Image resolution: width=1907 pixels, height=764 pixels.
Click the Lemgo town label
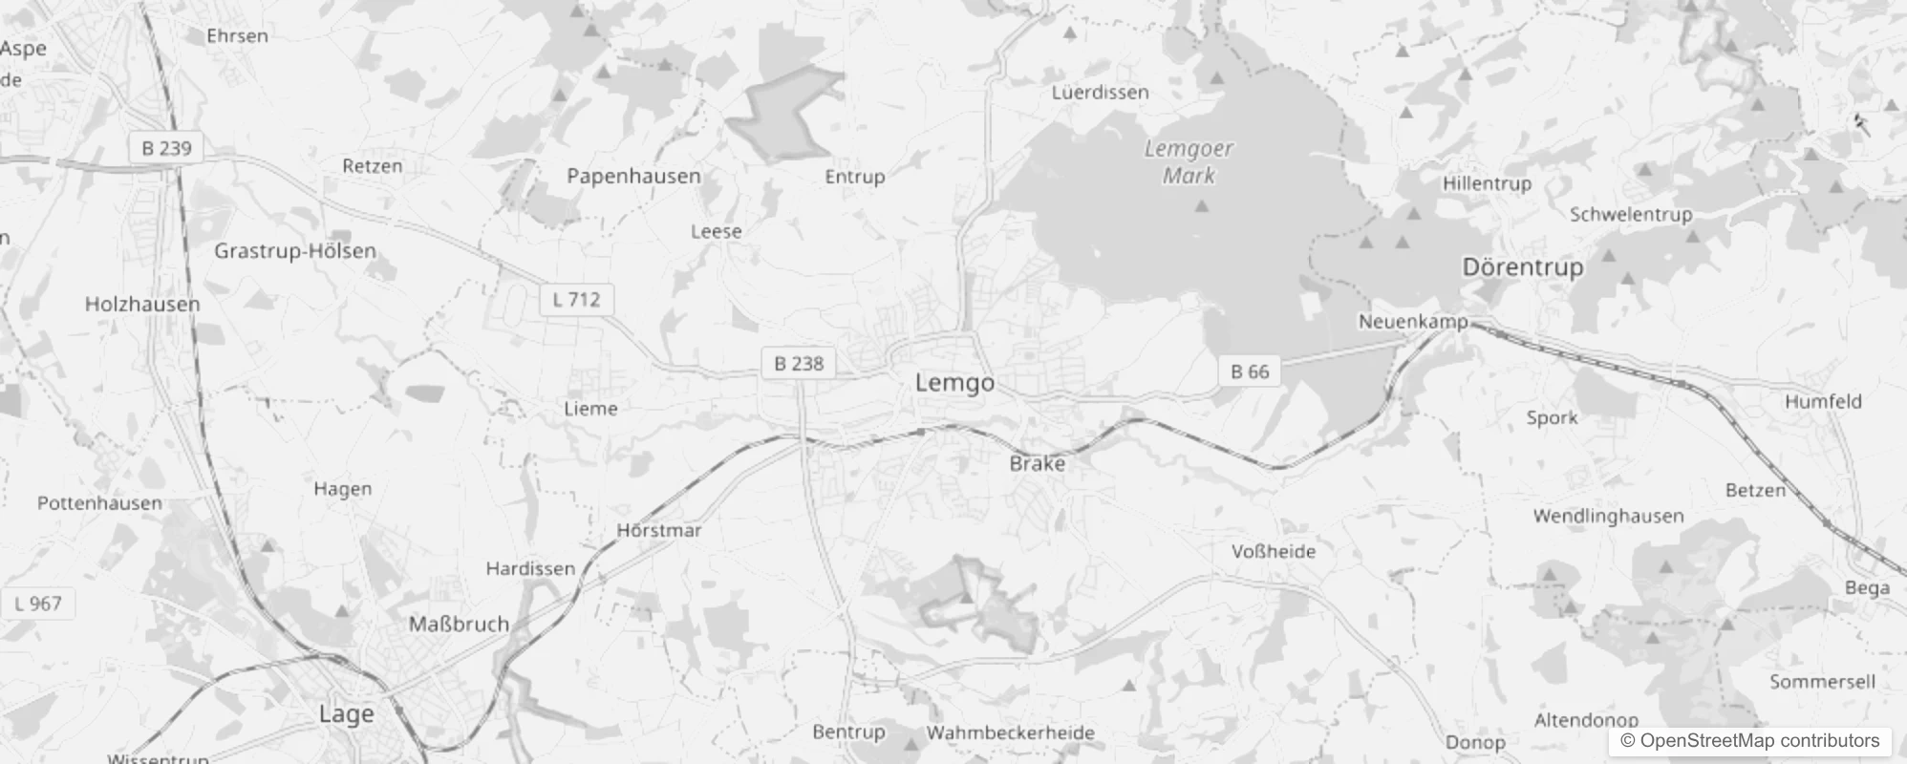point(954,383)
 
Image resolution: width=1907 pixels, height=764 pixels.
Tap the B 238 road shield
point(798,363)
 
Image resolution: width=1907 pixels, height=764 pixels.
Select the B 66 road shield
point(1250,371)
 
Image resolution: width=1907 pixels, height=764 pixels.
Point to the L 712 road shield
point(576,299)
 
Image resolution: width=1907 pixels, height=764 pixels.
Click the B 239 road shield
point(166,148)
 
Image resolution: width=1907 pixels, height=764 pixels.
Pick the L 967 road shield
point(38,604)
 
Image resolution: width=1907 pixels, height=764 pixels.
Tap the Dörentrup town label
point(1522,266)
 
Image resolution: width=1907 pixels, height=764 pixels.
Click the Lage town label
point(346,714)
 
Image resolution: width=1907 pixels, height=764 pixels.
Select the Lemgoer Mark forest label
point(1189,161)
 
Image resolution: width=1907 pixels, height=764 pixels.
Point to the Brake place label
point(1037,463)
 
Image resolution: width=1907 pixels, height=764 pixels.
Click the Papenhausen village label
point(633,176)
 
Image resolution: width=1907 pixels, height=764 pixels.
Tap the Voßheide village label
point(1273,551)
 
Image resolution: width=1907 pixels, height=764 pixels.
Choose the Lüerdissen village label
point(1100,93)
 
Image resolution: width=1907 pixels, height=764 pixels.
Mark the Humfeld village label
point(1823,402)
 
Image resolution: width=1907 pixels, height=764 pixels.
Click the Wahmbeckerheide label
point(1010,732)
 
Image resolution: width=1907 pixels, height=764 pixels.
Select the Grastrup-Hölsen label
point(295,251)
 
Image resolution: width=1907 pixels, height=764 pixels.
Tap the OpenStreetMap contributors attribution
point(1749,741)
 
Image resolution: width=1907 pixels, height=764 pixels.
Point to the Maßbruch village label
point(459,624)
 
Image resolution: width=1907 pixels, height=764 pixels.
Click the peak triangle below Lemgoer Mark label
point(1202,205)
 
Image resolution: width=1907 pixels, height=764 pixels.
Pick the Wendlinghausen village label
point(1608,516)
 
